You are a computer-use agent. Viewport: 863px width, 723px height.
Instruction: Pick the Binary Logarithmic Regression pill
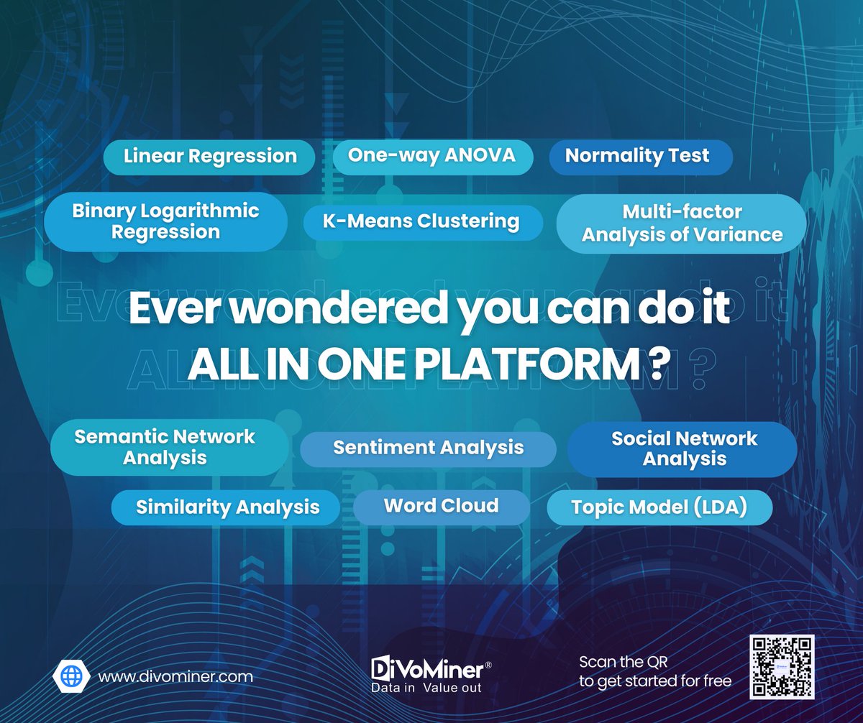coord(165,221)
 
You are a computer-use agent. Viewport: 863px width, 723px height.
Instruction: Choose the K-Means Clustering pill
coord(422,221)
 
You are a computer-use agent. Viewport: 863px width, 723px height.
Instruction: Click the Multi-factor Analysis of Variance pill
coord(681,224)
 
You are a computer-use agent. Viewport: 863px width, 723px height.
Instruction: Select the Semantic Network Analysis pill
coord(165,447)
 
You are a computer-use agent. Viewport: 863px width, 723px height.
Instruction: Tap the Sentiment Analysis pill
coord(428,448)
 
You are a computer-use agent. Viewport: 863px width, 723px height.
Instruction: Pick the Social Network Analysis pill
coord(683,448)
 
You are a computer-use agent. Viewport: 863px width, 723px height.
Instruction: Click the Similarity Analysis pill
coord(227,507)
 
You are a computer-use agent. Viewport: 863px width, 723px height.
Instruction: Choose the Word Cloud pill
coord(441,506)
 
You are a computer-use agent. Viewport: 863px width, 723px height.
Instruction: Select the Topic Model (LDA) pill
coord(659,508)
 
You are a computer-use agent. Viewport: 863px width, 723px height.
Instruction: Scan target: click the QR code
coord(781,668)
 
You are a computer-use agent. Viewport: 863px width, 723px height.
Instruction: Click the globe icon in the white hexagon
coord(72,676)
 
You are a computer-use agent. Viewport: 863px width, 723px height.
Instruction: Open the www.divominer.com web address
coord(175,676)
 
